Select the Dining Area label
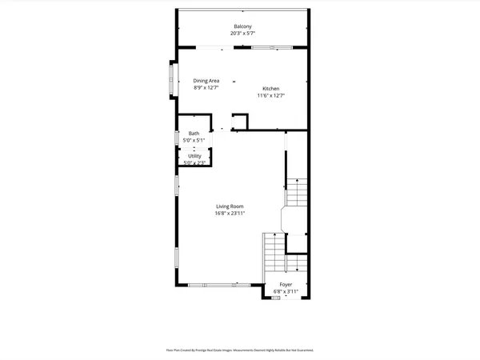coord(206,81)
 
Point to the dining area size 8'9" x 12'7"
coord(206,88)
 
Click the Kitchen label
coord(271,88)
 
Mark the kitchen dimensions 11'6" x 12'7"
coord(271,96)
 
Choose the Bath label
coord(194,133)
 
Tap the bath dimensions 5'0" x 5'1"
coord(194,140)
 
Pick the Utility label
coord(194,156)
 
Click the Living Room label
coord(229,206)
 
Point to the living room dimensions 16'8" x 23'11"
coord(229,214)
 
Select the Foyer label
coord(286,284)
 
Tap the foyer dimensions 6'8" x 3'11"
coord(286,291)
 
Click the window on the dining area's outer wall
coord(170,79)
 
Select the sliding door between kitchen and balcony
coord(271,47)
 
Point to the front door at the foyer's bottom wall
coord(277,298)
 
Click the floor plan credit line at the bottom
coord(239,350)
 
